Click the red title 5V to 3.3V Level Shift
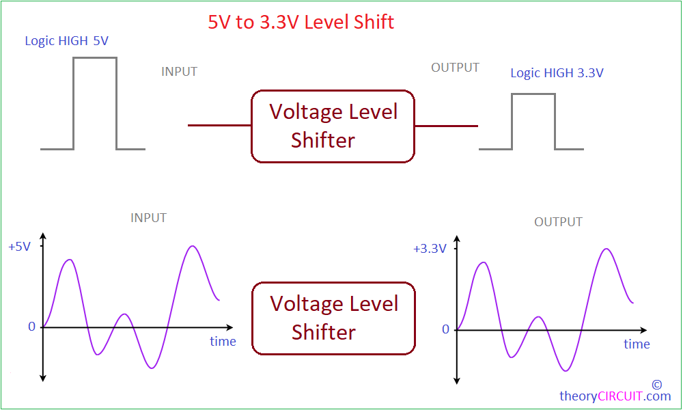click(x=301, y=23)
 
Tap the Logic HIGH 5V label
click(x=67, y=41)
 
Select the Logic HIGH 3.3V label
click(x=557, y=73)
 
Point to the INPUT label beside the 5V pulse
click(x=179, y=72)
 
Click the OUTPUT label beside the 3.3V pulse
click(x=455, y=68)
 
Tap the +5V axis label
click(x=20, y=247)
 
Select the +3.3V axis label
click(x=430, y=249)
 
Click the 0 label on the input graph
click(x=31, y=327)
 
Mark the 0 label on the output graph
click(x=445, y=329)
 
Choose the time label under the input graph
click(x=223, y=341)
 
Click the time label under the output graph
click(x=637, y=344)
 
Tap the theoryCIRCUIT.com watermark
click(x=615, y=396)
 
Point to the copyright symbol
click(x=657, y=384)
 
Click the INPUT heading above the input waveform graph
click(x=148, y=218)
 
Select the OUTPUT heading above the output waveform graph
click(x=558, y=222)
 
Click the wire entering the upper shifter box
click(x=219, y=126)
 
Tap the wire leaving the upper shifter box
click(x=447, y=126)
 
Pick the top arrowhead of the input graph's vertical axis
click(x=42, y=236)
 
